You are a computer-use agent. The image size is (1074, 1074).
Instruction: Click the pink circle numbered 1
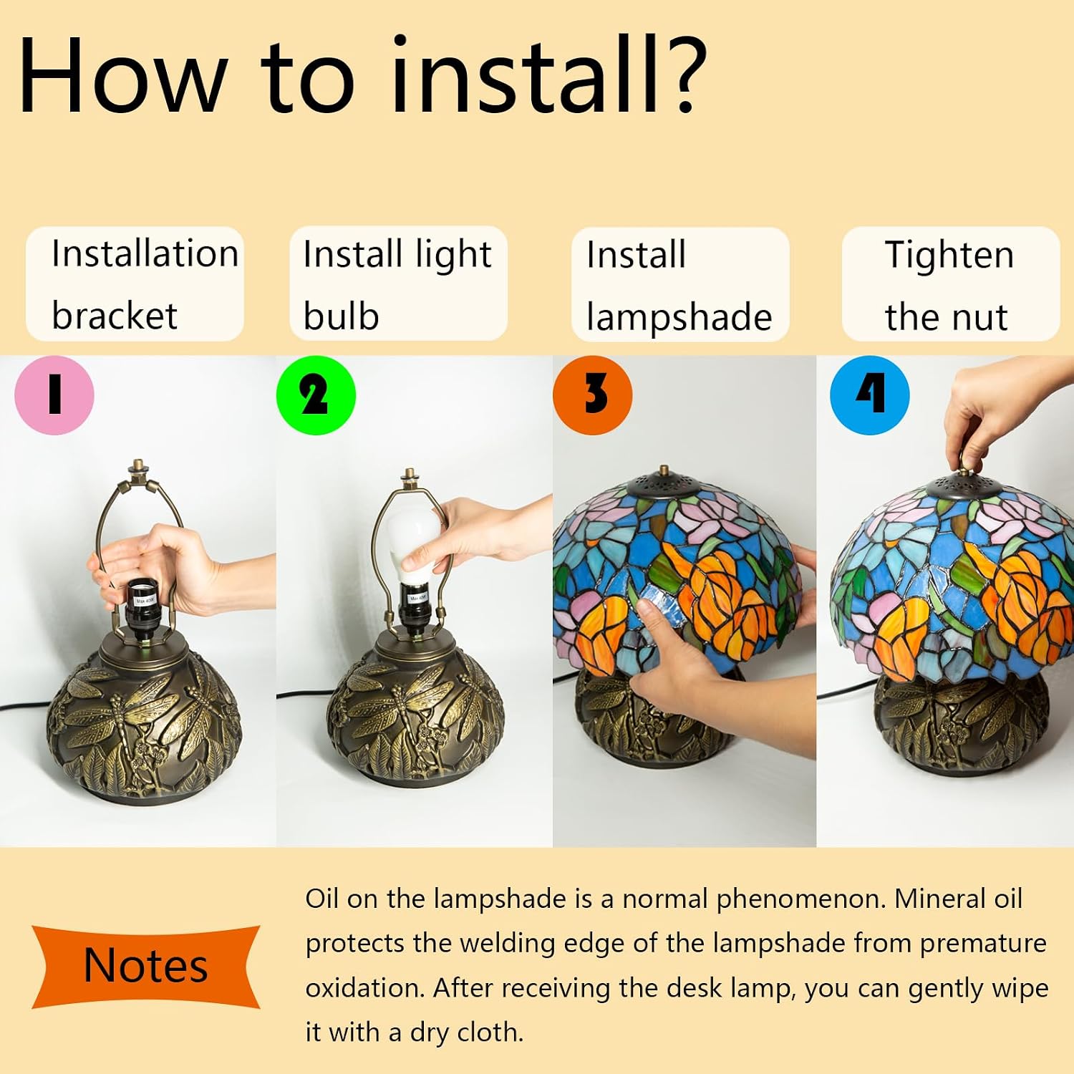pos(54,395)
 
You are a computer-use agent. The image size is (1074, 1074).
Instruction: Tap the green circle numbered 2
pos(316,395)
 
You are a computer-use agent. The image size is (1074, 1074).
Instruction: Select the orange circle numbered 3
pos(593,395)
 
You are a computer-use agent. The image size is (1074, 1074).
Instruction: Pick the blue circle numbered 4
pos(870,395)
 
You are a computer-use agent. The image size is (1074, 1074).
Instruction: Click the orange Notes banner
pos(145,966)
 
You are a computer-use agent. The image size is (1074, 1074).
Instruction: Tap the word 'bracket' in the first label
pos(115,316)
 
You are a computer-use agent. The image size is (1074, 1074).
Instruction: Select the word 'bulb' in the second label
pos(341,316)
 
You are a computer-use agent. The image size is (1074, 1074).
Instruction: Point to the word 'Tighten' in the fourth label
pos(949,255)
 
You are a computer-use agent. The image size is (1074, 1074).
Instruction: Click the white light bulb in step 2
pos(412,544)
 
